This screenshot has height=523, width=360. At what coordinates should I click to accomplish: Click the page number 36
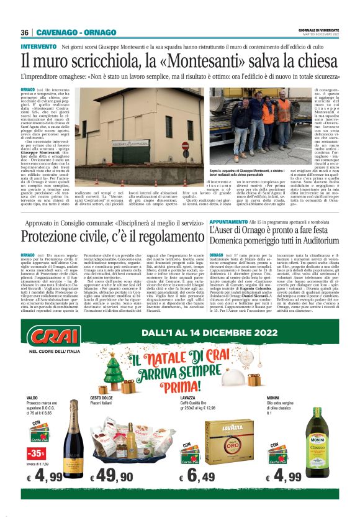click(25, 32)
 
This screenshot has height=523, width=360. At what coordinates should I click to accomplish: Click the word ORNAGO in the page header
click(101, 32)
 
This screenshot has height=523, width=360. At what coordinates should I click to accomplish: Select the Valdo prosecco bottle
click(73, 437)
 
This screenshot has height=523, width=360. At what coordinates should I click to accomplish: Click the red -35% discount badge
click(35, 452)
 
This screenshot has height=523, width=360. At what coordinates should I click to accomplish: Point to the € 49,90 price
click(112, 476)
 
